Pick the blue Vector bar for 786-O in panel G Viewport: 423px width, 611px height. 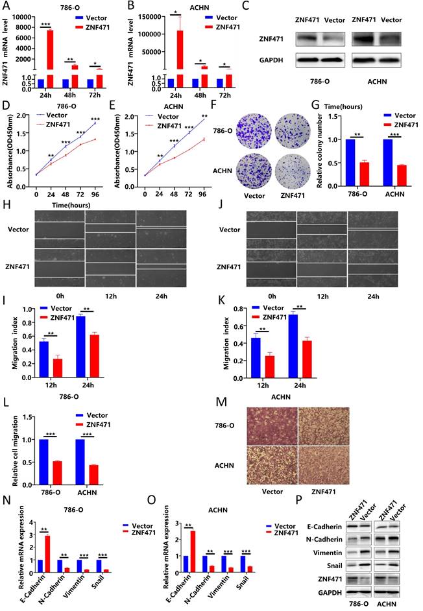click(351, 162)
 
